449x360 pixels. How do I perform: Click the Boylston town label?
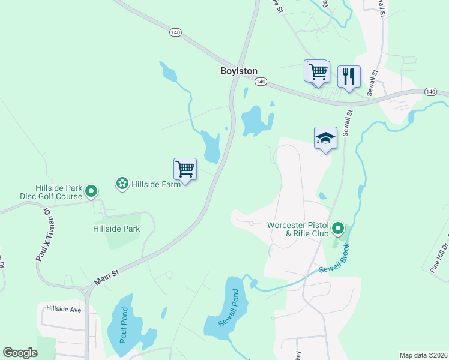pos(238,70)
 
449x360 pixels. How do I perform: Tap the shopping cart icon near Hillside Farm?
pos(185,169)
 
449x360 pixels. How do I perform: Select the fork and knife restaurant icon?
pos(349,76)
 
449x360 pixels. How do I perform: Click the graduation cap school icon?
pos(325,137)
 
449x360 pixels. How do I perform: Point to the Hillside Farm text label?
pos(156,184)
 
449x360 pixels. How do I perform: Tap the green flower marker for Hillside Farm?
pos(122,183)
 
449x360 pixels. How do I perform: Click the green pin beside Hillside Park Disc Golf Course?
pos(91,191)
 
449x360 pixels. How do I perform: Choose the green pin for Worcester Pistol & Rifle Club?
pos(338,229)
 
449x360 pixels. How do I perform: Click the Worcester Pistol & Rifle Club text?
pos(298,229)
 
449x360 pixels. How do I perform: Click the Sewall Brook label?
pos(334,262)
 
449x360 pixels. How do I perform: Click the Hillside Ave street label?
pos(63,309)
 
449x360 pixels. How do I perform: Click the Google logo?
pos(20,353)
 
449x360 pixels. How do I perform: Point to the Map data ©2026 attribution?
pos(423,355)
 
